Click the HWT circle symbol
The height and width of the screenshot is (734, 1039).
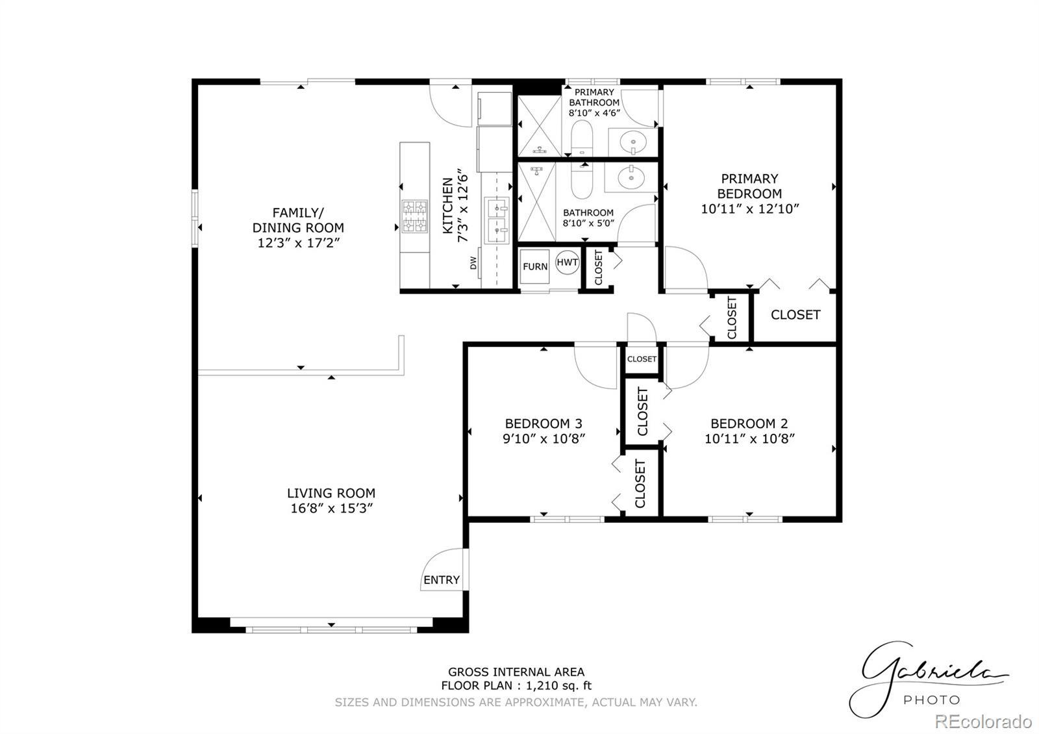click(567, 262)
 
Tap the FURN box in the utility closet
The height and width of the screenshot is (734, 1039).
click(534, 266)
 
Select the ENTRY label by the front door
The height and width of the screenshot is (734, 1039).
click(441, 580)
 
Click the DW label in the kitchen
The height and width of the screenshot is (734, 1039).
click(473, 263)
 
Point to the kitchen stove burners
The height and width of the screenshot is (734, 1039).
click(414, 216)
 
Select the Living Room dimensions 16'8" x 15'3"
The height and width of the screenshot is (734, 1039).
click(331, 509)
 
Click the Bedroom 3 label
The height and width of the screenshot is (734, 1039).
click(543, 424)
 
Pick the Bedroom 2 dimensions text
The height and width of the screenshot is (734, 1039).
click(749, 439)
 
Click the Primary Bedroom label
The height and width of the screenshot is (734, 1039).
click(749, 186)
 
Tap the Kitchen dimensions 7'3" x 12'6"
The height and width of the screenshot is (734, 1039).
click(462, 205)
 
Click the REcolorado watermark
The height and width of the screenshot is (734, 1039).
click(983, 722)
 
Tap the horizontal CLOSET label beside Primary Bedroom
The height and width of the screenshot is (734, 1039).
click(795, 315)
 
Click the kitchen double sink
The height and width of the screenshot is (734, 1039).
click(497, 220)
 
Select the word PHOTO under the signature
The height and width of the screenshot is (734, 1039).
click(931, 700)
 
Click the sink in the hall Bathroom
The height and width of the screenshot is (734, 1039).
click(631, 177)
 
